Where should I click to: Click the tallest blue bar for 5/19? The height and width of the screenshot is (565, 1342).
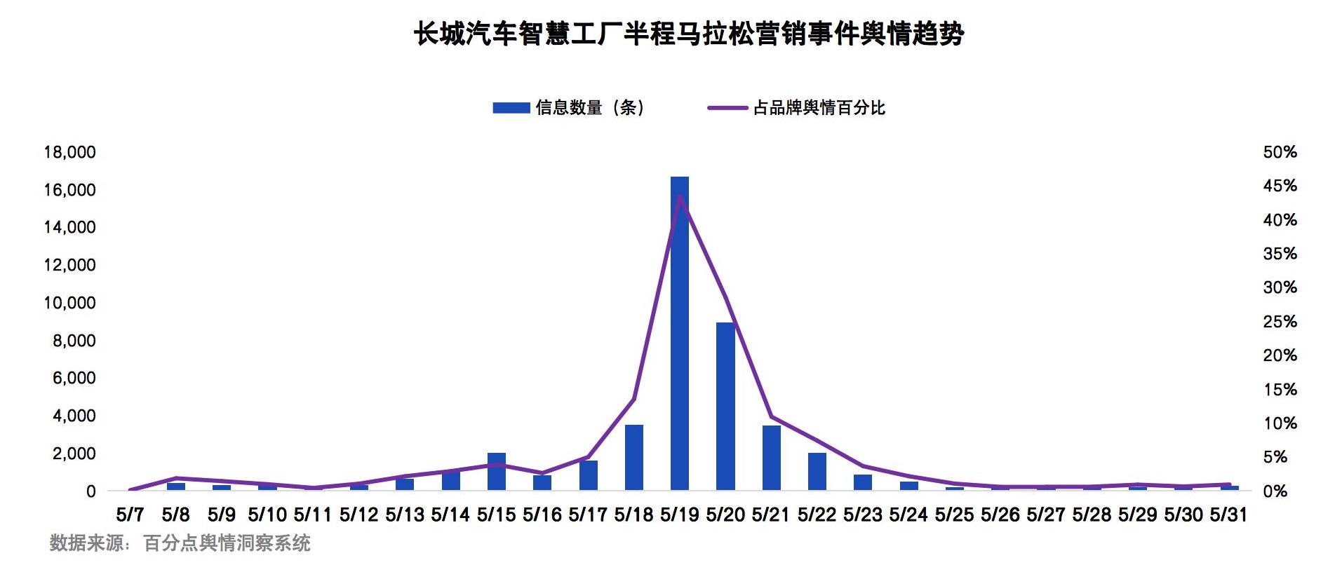679,333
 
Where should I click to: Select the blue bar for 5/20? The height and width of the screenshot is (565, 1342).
725,406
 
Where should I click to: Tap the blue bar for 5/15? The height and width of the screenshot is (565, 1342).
496,471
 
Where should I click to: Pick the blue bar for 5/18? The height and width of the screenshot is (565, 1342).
633,457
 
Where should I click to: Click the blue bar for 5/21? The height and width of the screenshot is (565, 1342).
771,458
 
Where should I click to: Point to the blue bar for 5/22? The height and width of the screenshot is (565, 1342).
817,471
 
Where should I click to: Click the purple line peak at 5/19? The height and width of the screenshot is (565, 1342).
679,196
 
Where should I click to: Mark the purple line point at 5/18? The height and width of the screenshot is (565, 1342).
633,399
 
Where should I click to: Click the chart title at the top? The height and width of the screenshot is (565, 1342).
688,33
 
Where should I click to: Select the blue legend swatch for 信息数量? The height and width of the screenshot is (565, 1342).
511,107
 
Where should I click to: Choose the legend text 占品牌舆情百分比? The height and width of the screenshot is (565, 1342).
819,107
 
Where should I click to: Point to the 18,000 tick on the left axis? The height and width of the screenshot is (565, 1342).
69,152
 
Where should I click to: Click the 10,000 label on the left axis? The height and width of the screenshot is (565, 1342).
69,303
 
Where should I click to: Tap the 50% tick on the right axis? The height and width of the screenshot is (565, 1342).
1280,152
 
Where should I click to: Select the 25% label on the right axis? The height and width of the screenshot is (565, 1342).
1280,322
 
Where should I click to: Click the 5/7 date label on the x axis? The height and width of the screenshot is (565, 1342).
130,515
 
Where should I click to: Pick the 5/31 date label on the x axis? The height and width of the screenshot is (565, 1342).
1229,515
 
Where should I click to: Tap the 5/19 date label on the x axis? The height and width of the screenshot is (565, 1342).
679,515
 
